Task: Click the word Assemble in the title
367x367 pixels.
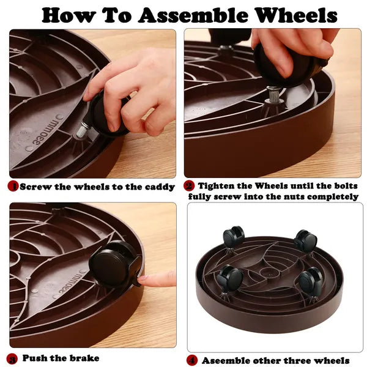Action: pos(193,15)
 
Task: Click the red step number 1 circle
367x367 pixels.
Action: pos(13,187)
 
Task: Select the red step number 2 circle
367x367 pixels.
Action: pos(189,186)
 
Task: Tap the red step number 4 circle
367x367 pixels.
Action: pos(192,360)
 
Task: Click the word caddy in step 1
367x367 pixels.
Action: pos(160,187)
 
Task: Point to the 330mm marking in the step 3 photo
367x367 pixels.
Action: pos(71,282)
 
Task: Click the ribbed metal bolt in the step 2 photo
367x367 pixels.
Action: pos(273,95)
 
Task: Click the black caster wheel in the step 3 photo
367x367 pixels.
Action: pos(114,264)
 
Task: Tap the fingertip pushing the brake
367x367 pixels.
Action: pos(143,280)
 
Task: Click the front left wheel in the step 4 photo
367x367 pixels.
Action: pos(229,276)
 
